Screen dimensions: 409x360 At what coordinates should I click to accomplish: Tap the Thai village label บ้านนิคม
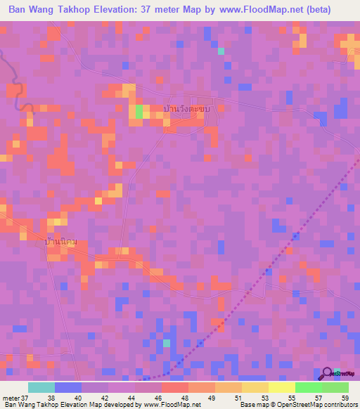[x=60, y=242]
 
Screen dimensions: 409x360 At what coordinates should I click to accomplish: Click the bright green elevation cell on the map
[x=139, y=111]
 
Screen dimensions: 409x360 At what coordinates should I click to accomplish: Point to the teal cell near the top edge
[x=221, y=51]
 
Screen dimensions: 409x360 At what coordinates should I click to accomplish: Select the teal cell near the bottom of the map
[x=167, y=343]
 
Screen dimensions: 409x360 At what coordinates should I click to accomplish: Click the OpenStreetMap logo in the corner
[x=328, y=374]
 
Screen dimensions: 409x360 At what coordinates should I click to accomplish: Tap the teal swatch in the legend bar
[x=41, y=387]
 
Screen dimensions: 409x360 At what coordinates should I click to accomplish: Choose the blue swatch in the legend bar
[x=67, y=387]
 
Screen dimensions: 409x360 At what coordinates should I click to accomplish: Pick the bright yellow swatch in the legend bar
[x=281, y=387]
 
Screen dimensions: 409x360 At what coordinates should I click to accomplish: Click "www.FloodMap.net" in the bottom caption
[x=171, y=405]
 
